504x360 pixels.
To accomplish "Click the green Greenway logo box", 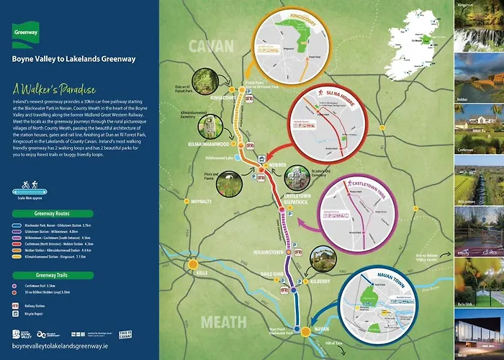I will [x=27, y=30].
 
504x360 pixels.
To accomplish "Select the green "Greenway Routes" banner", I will [x=52, y=214].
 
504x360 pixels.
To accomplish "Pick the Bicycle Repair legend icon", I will [x=16, y=315].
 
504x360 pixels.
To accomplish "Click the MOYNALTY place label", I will [x=202, y=202].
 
